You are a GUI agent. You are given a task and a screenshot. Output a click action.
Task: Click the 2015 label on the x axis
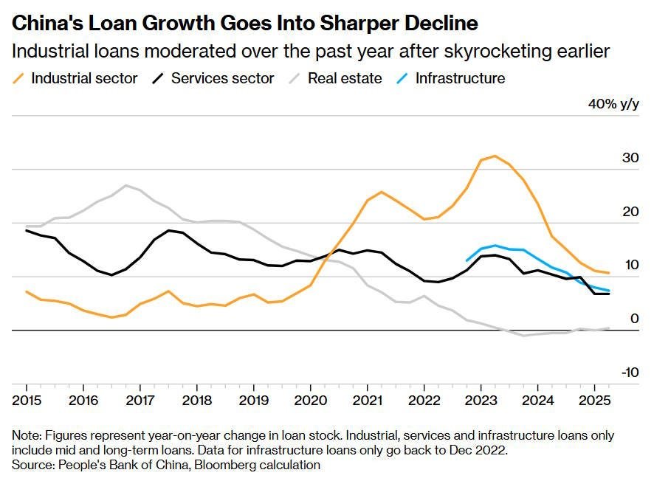(27, 401)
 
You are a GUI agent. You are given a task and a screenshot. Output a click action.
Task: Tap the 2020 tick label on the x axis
(310, 401)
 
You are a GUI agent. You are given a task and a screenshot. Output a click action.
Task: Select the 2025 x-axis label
(594, 401)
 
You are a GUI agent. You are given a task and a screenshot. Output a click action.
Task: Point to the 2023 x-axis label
(481, 401)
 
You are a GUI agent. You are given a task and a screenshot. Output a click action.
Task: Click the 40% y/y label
(613, 104)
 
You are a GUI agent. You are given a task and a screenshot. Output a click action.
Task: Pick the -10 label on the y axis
(630, 373)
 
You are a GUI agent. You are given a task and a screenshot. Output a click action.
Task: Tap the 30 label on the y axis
(630, 158)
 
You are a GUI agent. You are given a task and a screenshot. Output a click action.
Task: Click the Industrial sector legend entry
(75, 78)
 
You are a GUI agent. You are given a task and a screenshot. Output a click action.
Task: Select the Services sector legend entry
(213, 78)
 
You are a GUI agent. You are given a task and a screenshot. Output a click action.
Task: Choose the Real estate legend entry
(335, 78)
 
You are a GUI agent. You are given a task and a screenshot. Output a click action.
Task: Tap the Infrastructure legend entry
(450, 78)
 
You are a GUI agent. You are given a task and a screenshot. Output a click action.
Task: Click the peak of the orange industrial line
(495, 156)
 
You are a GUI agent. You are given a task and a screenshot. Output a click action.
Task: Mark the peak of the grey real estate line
(126, 185)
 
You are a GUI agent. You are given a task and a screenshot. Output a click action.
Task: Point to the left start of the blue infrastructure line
(467, 261)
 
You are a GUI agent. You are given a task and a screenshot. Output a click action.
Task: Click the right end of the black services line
(609, 294)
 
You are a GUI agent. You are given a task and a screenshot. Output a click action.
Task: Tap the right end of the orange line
(609, 273)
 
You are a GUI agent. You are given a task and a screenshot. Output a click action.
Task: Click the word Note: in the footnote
(27, 435)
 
